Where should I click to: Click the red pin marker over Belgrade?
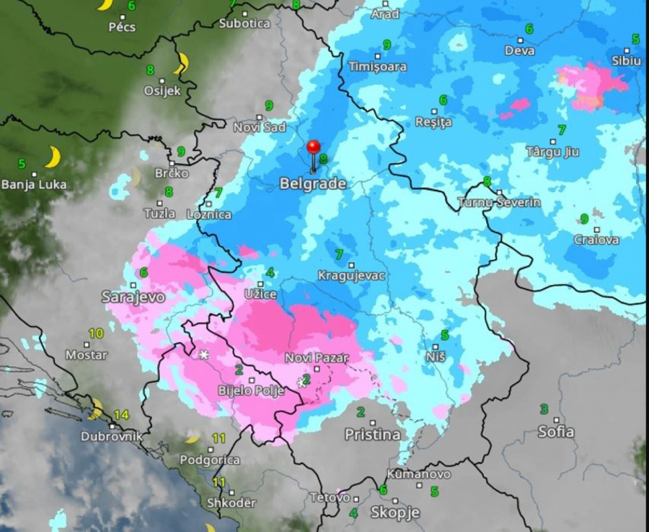pyautogui.click(x=313, y=148)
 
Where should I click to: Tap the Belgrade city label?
pyautogui.click(x=312, y=184)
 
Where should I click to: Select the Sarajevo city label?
pyautogui.click(x=133, y=297)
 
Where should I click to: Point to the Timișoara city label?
pyautogui.click(x=377, y=66)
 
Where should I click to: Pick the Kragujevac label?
pyautogui.click(x=351, y=276)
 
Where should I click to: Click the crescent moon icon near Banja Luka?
pyautogui.click(x=52, y=157)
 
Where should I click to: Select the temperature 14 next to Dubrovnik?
pyautogui.click(x=121, y=415)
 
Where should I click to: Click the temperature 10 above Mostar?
pyautogui.click(x=96, y=333)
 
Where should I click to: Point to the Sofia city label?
pyautogui.click(x=556, y=432)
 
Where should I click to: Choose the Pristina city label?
pyautogui.click(x=372, y=435)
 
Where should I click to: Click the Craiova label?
pyautogui.click(x=596, y=240)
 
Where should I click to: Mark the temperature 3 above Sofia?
pyautogui.click(x=544, y=409)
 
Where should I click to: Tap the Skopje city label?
pyautogui.click(x=394, y=513)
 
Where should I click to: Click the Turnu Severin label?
pyautogui.click(x=499, y=202)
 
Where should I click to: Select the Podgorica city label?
pyautogui.click(x=209, y=460)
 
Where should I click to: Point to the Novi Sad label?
pyautogui.click(x=260, y=127)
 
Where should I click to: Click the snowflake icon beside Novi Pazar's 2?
pyautogui.click(x=301, y=382)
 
